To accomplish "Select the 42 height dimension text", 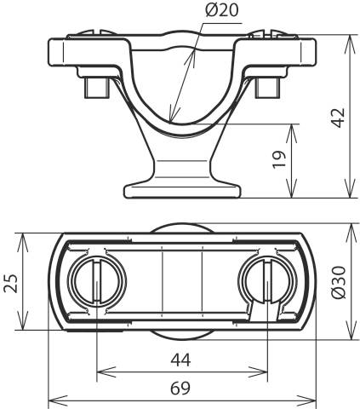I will (x=338, y=117).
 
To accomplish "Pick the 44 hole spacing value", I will (x=180, y=359).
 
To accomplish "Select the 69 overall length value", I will (x=180, y=388).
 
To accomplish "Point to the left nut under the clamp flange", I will (x=96, y=86).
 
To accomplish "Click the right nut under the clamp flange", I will (x=265, y=86).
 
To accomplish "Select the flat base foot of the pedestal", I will (x=180, y=188).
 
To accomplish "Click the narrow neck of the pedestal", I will (x=180, y=158).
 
